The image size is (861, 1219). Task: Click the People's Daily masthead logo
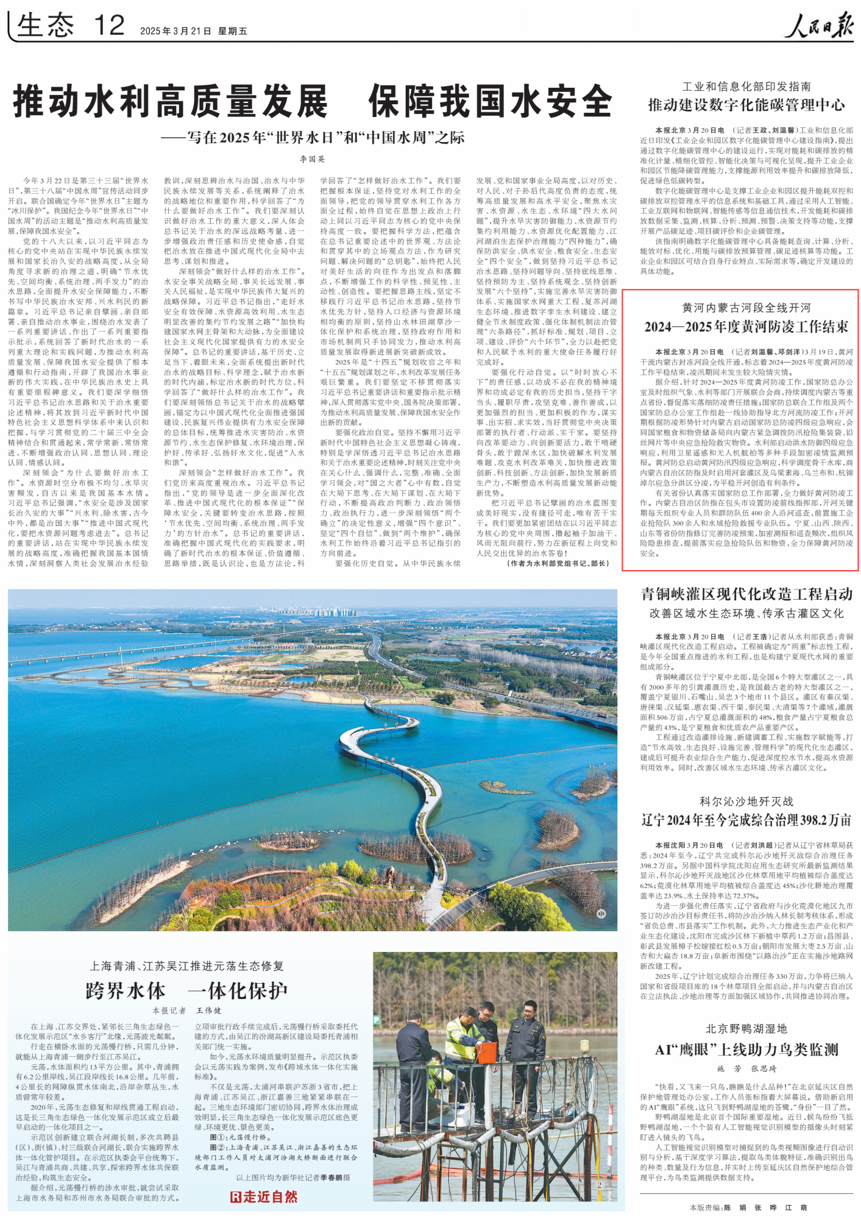click(x=818, y=26)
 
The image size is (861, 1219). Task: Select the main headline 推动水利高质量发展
click(x=171, y=102)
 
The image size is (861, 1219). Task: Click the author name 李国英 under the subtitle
click(x=312, y=159)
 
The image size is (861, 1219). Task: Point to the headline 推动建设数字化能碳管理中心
click(x=746, y=105)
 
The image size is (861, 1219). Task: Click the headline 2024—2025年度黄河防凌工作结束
click(x=746, y=327)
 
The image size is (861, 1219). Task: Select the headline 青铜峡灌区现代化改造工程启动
click(x=746, y=594)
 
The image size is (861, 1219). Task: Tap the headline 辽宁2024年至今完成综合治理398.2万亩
click(x=746, y=820)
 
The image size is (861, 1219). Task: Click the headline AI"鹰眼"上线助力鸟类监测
click(x=746, y=1050)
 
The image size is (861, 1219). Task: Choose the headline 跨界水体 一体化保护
click(x=186, y=991)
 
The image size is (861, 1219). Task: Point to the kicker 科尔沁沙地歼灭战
click(x=746, y=801)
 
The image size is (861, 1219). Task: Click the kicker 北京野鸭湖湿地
click(x=746, y=1029)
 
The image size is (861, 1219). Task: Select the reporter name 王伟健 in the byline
click(x=208, y=1011)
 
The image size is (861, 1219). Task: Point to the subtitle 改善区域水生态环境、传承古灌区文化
click(x=746, y=613)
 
